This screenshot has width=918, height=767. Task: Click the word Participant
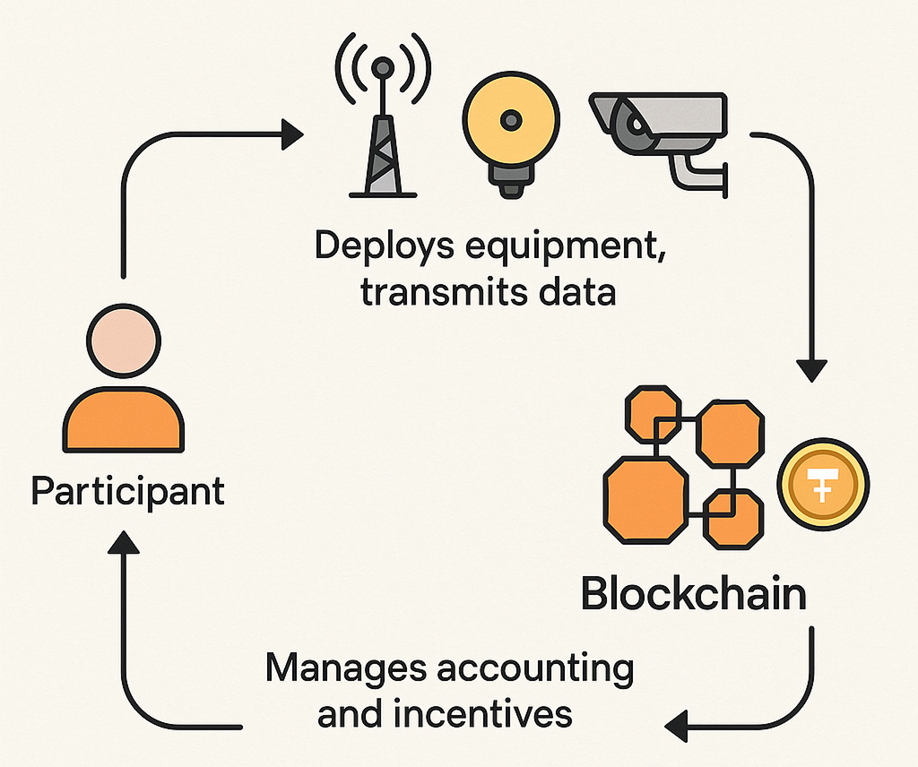(127, 492)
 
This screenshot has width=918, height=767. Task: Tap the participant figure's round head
(125, 343)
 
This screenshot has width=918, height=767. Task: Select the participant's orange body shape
(125, 420)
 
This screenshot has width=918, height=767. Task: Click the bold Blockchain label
(693, 594)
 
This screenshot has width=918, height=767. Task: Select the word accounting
(531, 671)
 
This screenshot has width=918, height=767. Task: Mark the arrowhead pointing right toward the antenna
(291, 137)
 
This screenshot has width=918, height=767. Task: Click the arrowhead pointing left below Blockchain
(683, 724)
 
